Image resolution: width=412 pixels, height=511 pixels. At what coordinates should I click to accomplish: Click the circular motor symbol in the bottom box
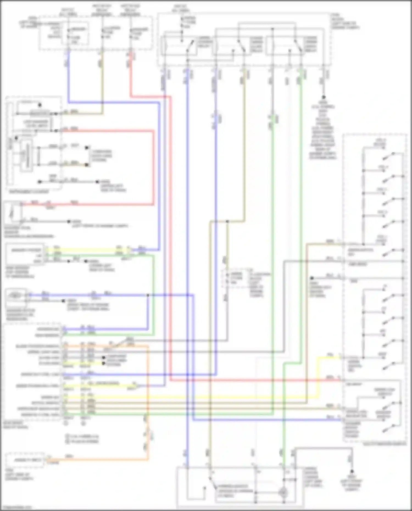[283, 492]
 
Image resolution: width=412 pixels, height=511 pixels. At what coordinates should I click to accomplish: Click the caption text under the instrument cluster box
[29, 192]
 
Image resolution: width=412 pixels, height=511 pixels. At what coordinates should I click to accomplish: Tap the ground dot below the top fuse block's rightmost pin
[324, 97]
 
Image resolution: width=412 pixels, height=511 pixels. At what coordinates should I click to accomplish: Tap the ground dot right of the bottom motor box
[352, 471]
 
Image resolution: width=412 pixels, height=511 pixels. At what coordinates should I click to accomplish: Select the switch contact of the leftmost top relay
[190, 45]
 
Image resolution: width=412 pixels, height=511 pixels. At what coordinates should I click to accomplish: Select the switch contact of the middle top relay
[242, 45]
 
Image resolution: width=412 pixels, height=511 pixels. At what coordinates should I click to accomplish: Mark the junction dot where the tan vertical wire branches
[227, 221]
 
